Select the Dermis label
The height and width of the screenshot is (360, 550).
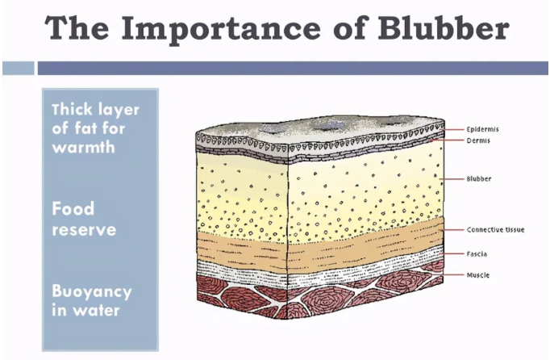pos(478,140)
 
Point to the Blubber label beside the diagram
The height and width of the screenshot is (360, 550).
pos(480,178)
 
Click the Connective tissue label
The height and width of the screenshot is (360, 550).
pos(495,230)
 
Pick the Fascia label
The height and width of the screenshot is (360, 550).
pos(477,254)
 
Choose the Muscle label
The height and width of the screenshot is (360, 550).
pos(477,275)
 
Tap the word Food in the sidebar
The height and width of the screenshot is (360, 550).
pos(73,209)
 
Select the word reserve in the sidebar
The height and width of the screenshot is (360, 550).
pos(84,229)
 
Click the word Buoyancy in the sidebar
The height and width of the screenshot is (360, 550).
pos(91,291)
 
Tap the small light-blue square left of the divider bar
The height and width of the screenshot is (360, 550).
pos(18,68)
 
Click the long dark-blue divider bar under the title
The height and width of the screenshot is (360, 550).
pos(291,68)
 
